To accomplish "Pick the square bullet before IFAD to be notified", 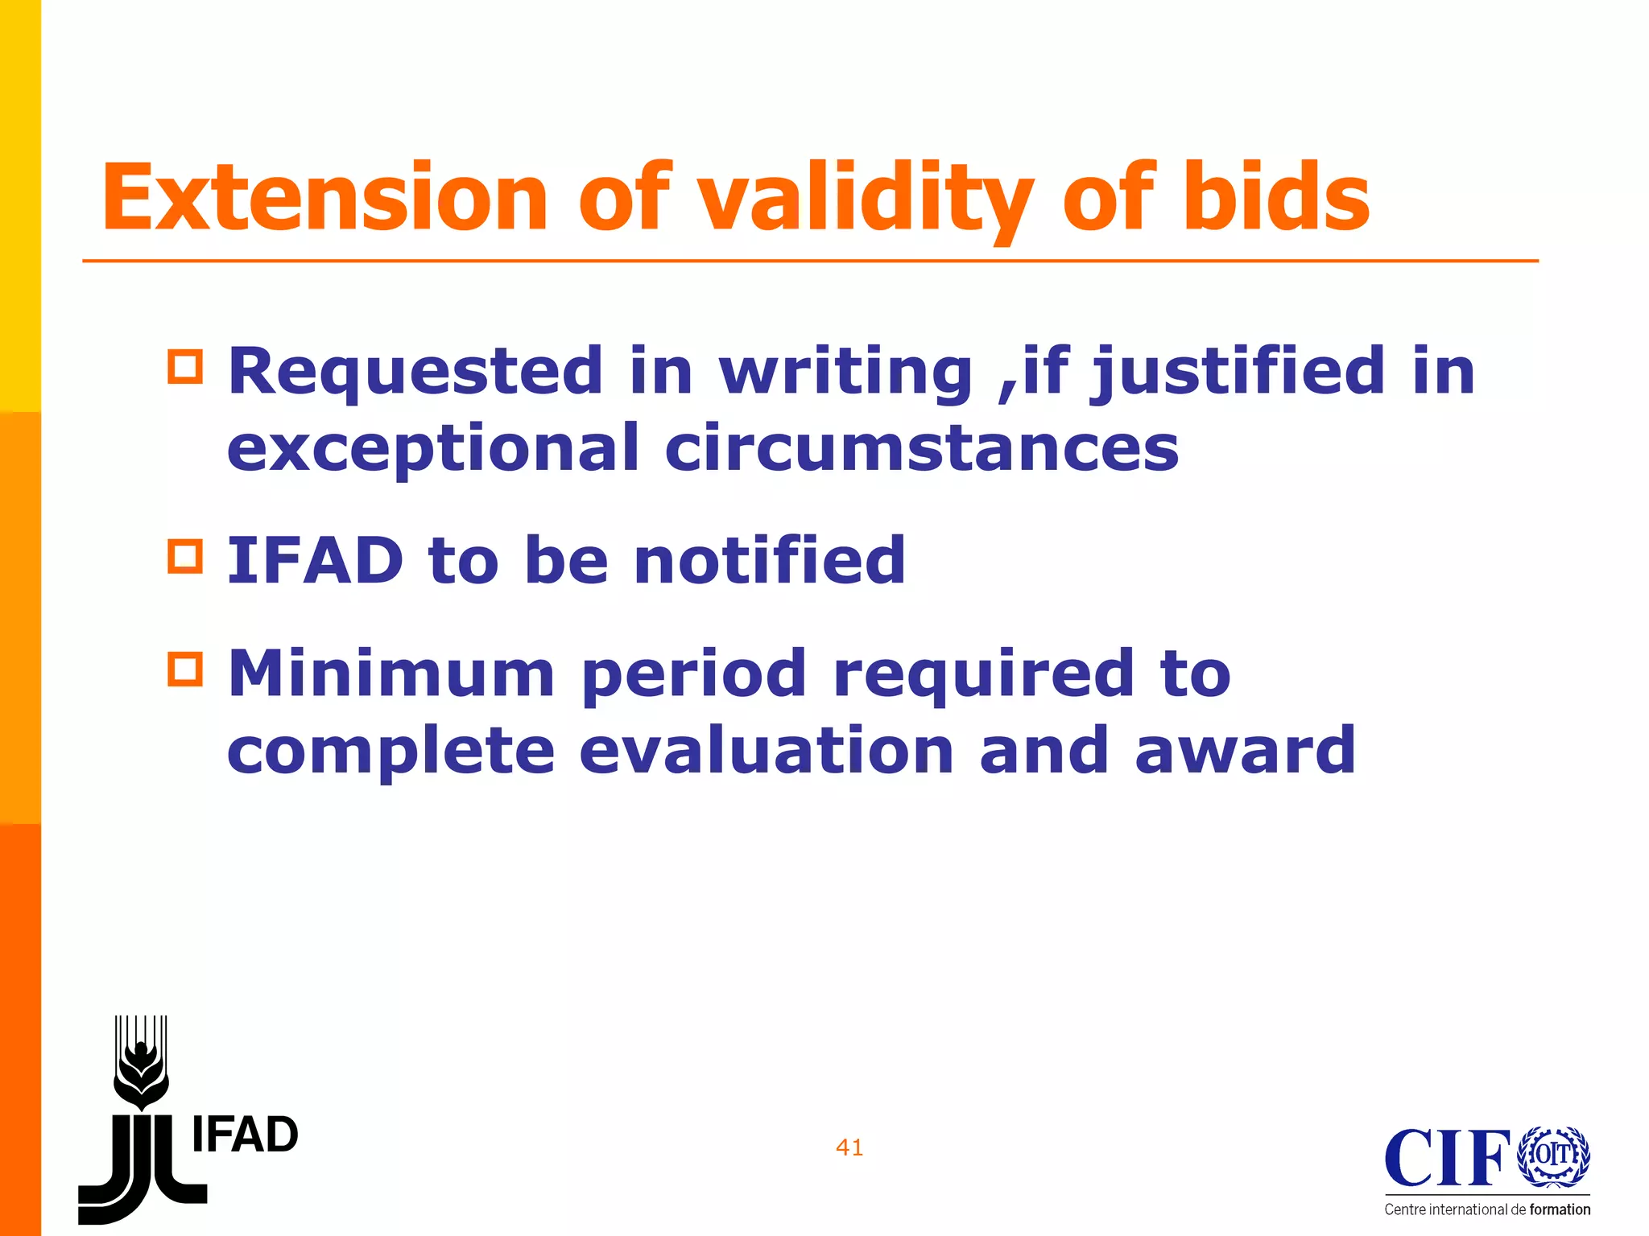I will (185, 556).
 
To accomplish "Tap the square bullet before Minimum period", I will (185, 669).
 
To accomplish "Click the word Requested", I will (415, 372).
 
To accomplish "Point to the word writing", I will (845, 372).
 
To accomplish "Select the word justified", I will (1237, 372).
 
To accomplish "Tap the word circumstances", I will (922, 448).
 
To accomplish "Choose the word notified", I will (770, 561).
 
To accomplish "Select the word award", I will (1245, 750).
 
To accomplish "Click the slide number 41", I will (849, 1147).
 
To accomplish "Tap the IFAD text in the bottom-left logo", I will (245, 1135).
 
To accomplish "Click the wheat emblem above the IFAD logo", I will (141, 1062).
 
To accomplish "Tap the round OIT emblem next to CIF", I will (1553, 1156).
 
